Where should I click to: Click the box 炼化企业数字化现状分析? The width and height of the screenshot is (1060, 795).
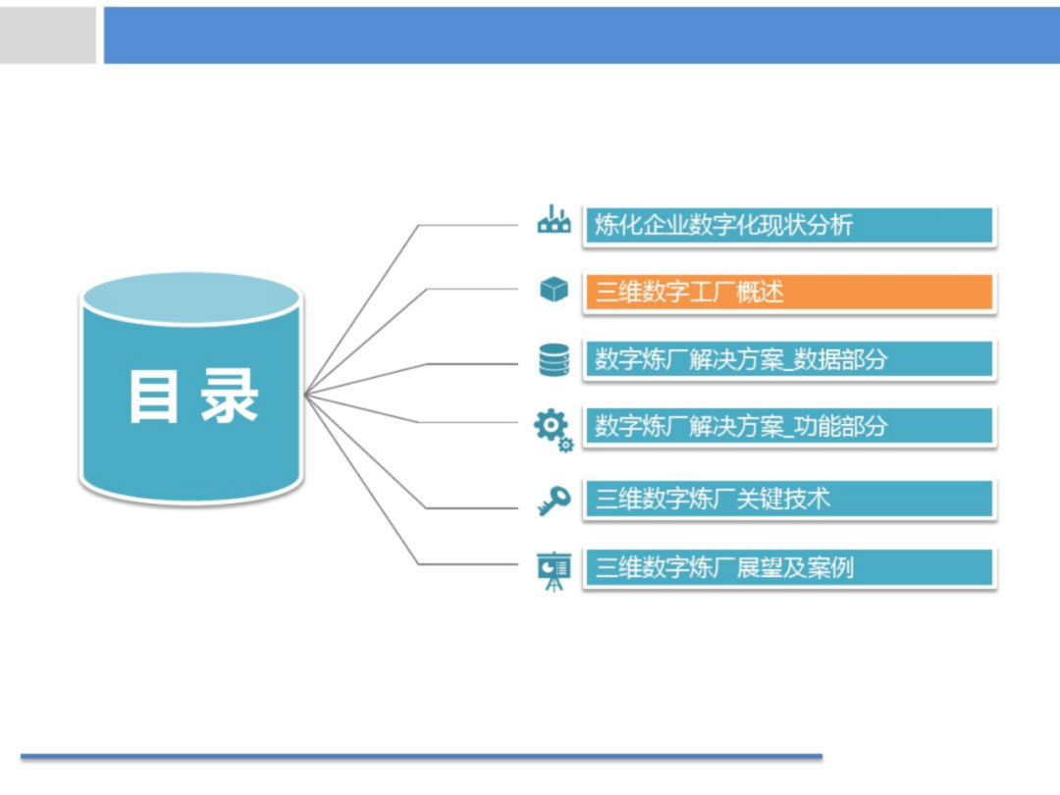point(789,225)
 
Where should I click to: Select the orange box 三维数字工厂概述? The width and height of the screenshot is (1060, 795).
point(789,291)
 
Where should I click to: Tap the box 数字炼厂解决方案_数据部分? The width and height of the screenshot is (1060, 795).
point(789,359)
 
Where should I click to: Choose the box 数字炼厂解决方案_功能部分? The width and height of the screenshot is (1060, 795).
point(789,426)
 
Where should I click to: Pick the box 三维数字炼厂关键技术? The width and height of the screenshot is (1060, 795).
point(789,499)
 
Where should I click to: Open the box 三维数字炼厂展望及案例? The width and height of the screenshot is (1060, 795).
point(789,567)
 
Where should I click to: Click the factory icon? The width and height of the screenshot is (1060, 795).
point(554,221)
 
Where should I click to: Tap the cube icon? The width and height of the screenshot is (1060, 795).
point(554,290)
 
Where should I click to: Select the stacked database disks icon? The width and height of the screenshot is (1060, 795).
point(554,359)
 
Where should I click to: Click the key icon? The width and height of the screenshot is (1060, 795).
point(554,502)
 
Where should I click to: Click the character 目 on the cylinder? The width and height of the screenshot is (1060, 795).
point(153,396)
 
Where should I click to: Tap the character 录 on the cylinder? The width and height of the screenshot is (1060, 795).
point(230,396)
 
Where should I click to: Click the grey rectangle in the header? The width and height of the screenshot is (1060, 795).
point(48,35)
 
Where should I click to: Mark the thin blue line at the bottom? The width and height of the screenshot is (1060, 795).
point(422,757)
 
